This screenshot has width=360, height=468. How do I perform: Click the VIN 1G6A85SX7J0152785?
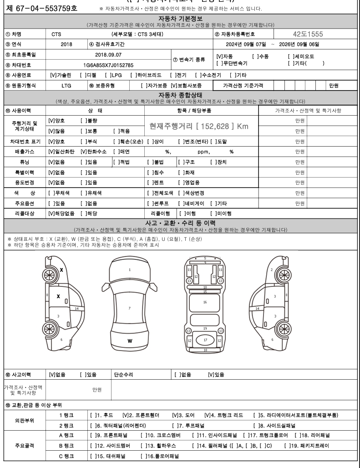pyautogui.click(x=105, y=65)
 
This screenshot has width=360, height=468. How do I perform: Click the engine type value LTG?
pyautogui.click(x=66, y=85)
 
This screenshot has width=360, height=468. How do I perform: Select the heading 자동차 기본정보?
pyautogui.click(x=180, y=18)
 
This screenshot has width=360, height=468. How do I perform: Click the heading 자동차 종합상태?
pyautogui.click(x=180, y=95)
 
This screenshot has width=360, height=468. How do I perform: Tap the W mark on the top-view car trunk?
pyautogui.click(x=130, y=341)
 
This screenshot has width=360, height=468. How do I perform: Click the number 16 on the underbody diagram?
pyautogui.click(x=205, y=302)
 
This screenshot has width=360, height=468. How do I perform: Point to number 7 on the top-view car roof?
pyautogui.click(x=130, y=308)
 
